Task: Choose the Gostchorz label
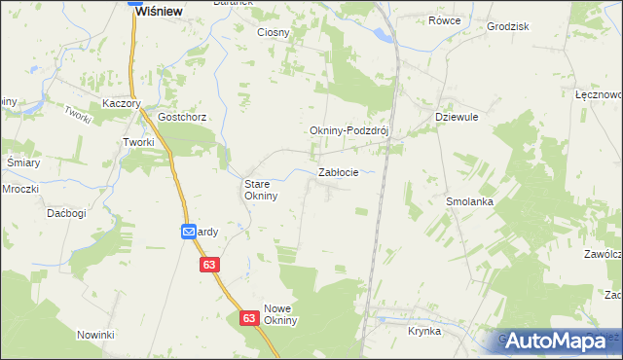point(182,117)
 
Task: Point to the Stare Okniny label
point(261,189)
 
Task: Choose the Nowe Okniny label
point(279,314)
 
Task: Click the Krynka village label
point(424,331)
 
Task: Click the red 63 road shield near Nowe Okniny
point(248,318)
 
